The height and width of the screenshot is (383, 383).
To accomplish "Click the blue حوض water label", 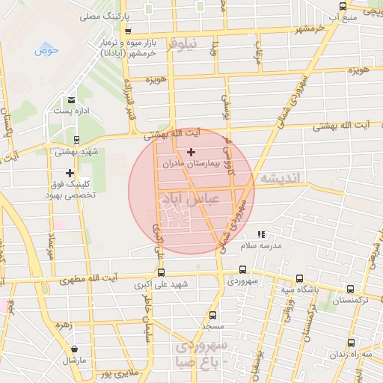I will pos(46,51).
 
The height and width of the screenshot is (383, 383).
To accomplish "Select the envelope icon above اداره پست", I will pos(71,99).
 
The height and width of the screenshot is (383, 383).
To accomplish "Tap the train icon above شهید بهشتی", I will pos(76,139).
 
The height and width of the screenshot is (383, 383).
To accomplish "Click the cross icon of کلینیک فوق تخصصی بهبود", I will pos(70,173).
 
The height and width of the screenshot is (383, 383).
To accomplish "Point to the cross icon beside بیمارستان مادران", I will pos(191,152).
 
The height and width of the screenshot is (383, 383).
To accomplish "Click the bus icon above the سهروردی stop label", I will pos(242,270).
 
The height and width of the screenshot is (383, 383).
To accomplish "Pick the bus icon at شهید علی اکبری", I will pos(162,273).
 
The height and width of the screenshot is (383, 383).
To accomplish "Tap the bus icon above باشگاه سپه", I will pos(299,278).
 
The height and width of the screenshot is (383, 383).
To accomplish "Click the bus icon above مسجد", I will pos(213,315).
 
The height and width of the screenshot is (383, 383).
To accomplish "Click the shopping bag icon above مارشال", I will pos(75,349).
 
